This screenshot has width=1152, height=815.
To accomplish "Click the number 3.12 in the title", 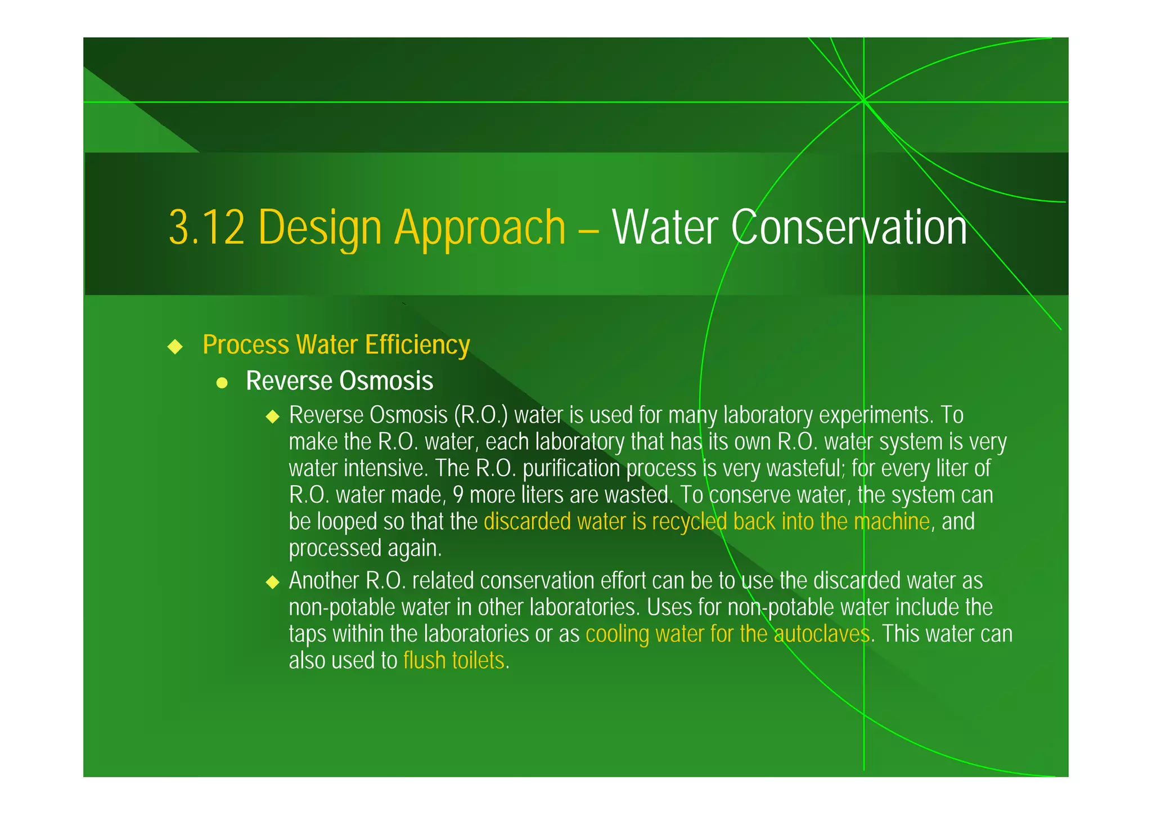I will click(x=206, y=227).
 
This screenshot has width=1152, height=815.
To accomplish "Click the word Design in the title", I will click(x=320, y=229).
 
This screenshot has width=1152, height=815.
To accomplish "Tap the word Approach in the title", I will click(x=480, y=229).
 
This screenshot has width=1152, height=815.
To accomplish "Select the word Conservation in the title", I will click(x=849, y=227).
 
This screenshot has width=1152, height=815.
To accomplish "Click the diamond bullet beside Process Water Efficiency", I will click(x=175, y=346).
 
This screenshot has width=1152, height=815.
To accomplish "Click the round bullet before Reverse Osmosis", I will click(x=222, y=383).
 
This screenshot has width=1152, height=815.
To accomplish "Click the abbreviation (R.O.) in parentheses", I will click(x=481, y=415).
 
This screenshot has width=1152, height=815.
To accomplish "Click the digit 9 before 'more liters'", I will click(x=458, y=495).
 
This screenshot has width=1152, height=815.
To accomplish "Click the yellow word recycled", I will click(x=690, y=522).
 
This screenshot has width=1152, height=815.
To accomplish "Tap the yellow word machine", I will click(x=892, y=522).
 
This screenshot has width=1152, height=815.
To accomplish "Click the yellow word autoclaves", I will click(x=822, y=634).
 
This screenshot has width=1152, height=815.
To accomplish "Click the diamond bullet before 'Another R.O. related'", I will click(x=273, y=582).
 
